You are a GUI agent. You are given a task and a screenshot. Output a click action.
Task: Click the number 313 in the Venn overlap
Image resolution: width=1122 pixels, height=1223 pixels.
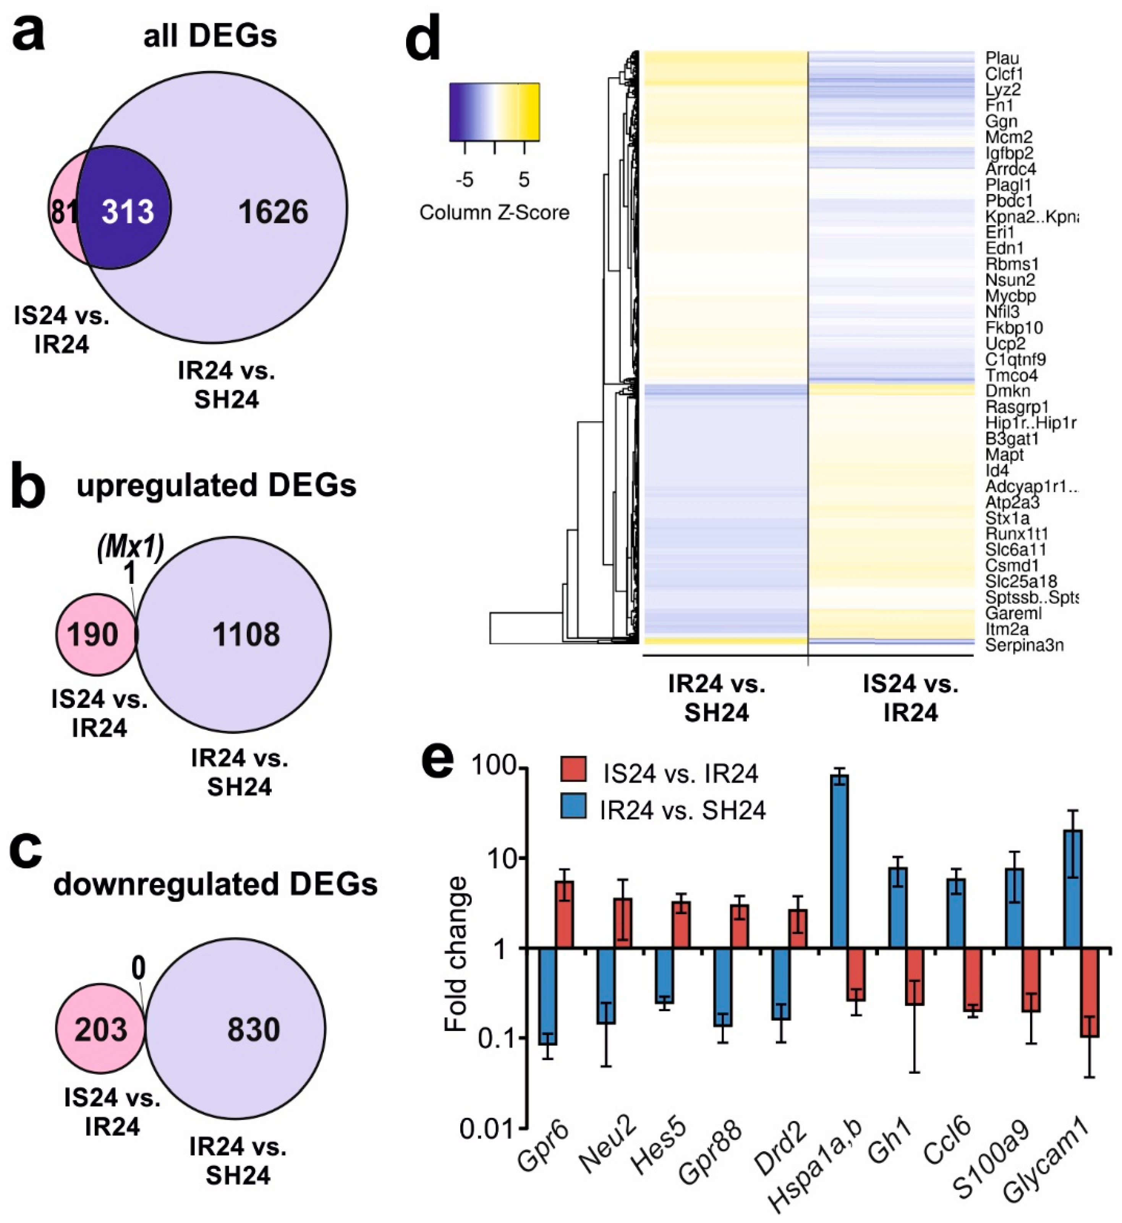pos(128,212)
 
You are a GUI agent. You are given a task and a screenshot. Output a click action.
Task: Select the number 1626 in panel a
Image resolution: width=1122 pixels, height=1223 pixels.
pos(273,212)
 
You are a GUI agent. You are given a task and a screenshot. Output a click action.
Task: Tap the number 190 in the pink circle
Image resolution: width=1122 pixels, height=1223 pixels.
pos(92,635)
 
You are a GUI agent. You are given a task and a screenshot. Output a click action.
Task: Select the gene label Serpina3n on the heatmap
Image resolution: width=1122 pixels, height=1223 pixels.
pos(1024,645)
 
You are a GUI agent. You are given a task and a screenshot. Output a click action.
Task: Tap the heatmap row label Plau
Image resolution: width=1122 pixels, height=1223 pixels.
pos(1002,58)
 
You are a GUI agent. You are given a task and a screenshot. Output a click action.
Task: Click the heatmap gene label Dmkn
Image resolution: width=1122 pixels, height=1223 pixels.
pos(1007,391)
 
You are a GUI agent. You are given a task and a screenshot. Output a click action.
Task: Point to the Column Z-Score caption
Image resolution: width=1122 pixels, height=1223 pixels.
pos(494,212)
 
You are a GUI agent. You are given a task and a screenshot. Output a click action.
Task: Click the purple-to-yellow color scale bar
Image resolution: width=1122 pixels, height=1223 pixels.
pos(494,112)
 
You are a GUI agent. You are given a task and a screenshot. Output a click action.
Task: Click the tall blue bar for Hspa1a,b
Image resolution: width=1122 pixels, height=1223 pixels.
pos(840,862)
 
